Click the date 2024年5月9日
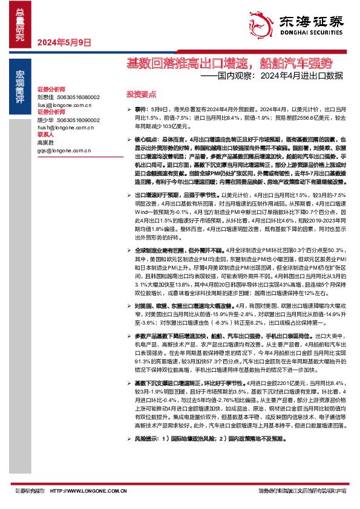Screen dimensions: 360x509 coord(64,42)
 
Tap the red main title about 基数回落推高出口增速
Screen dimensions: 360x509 coord(229,62)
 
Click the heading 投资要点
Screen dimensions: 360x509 coord(141,94)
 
